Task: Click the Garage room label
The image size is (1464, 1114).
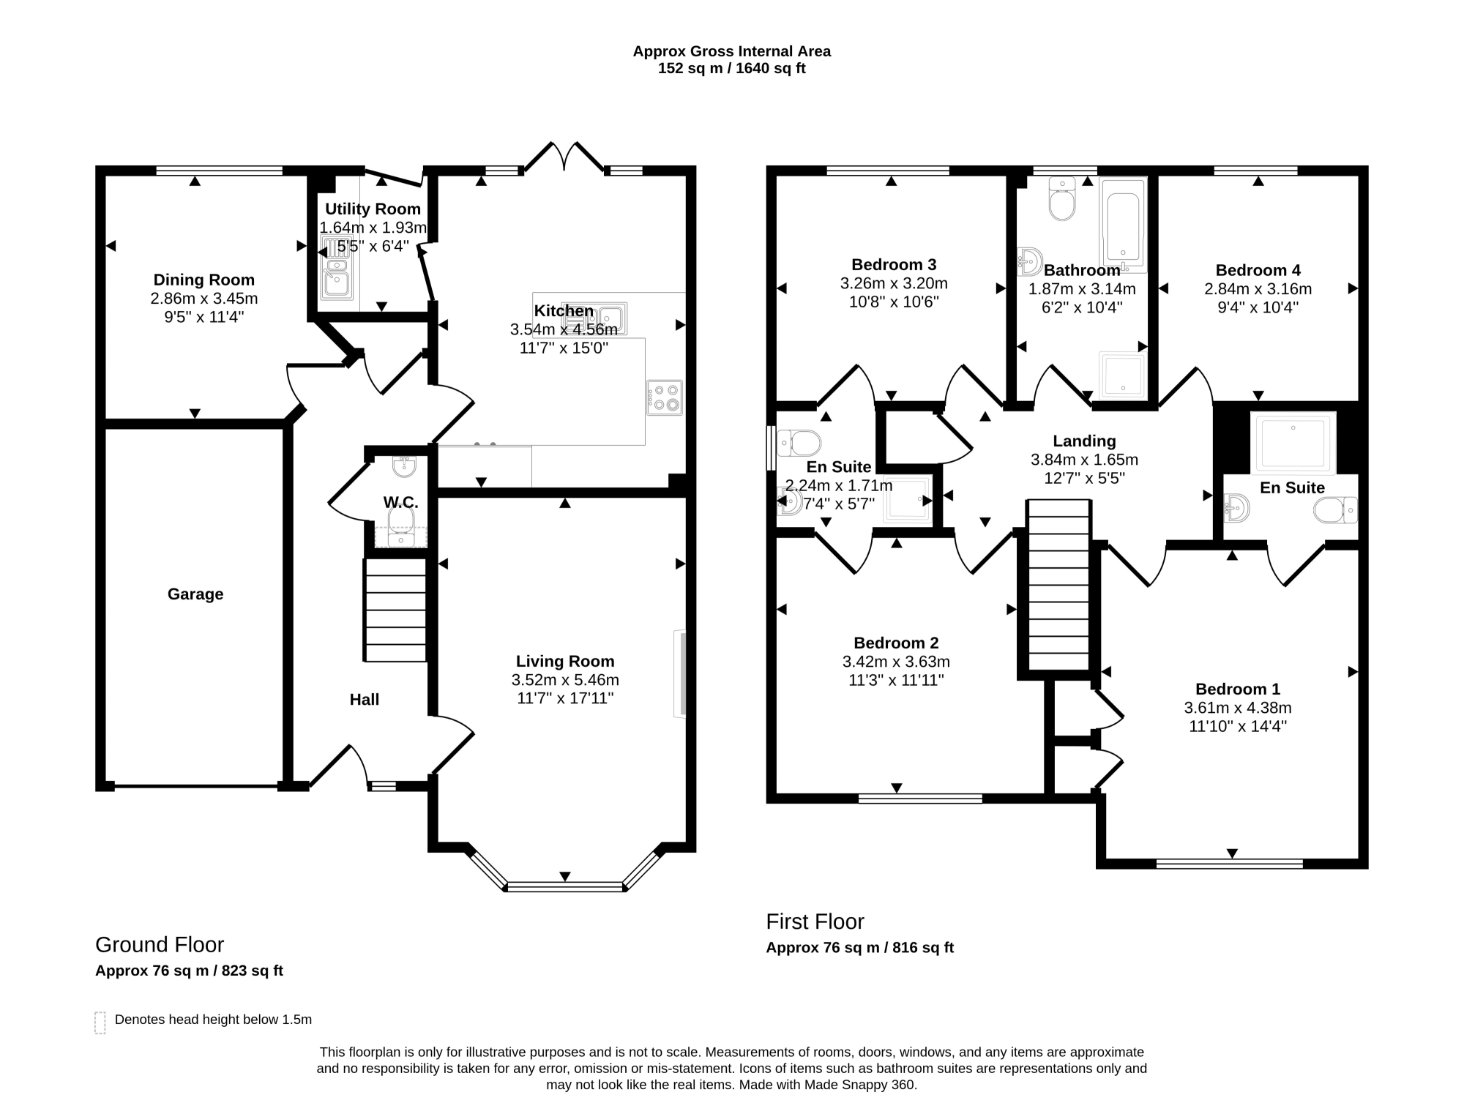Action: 195,594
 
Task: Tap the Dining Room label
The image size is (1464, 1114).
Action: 204,280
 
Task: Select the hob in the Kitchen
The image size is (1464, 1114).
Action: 665,397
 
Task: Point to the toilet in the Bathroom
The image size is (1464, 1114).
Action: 1062,198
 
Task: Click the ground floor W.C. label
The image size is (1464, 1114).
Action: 401,503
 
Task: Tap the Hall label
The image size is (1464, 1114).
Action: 365,700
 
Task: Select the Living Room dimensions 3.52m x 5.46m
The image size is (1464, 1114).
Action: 565,680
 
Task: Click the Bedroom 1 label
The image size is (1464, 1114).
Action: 1238,689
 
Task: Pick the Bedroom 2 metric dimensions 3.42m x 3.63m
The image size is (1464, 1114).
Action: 896,662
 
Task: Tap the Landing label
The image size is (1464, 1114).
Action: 1084,441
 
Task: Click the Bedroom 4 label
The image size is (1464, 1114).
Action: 1258,270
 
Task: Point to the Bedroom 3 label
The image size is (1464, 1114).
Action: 894,264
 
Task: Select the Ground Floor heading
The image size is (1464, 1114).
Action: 160,945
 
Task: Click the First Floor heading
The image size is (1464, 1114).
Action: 815,922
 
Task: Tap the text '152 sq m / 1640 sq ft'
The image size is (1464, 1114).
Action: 732,69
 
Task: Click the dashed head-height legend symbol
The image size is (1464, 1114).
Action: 100,1023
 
